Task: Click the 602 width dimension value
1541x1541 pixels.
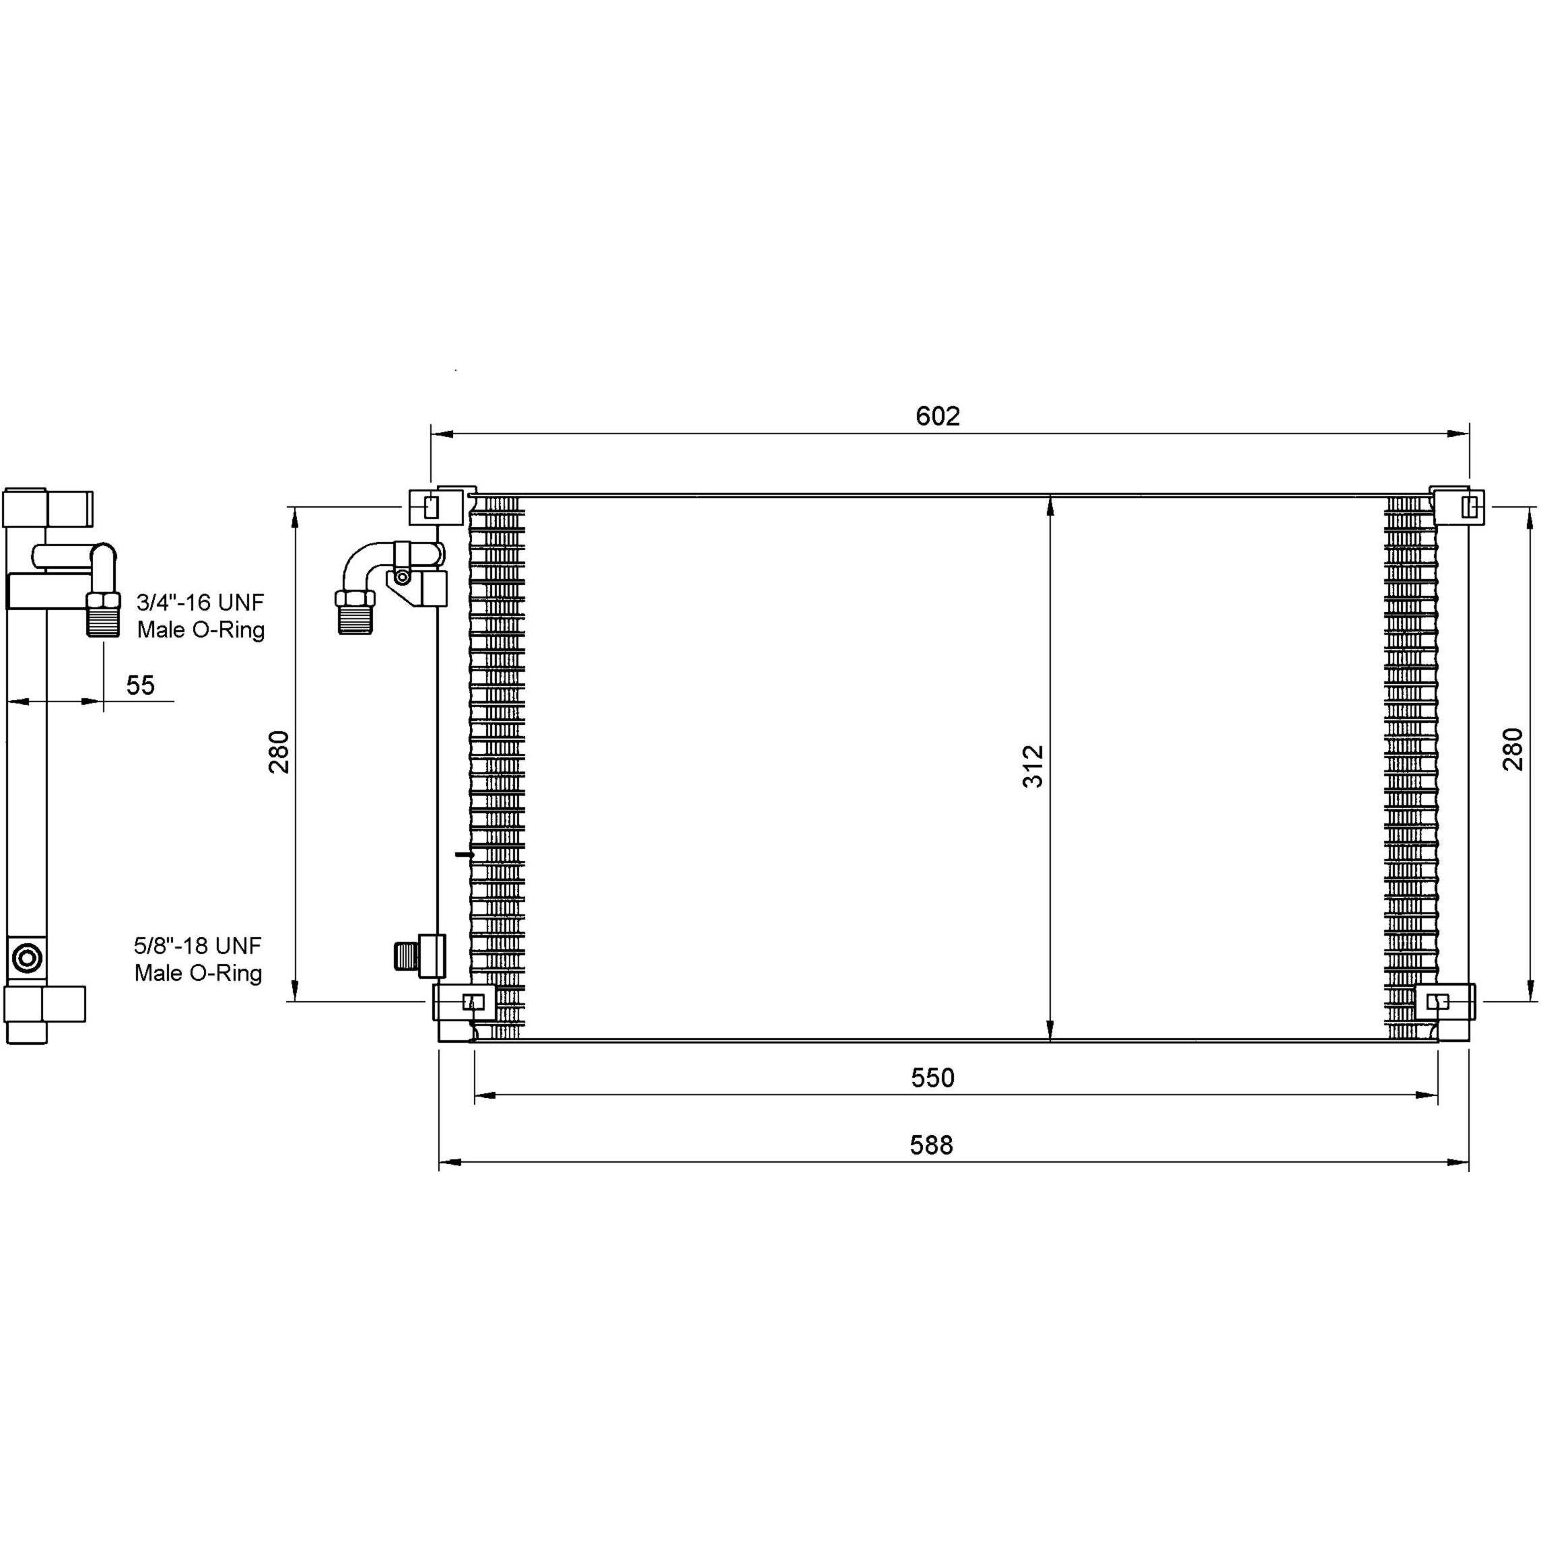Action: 937,416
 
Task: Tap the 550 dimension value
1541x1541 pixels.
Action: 932,1078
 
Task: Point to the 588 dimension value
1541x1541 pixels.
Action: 932,1145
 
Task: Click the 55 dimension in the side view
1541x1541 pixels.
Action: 141,685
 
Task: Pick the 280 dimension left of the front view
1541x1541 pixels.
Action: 279,751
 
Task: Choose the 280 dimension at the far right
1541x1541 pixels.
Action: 1513,749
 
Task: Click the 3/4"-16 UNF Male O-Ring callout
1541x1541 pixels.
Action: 200,616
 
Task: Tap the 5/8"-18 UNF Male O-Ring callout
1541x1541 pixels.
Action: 198,959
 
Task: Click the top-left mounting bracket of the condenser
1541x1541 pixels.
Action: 436,506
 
